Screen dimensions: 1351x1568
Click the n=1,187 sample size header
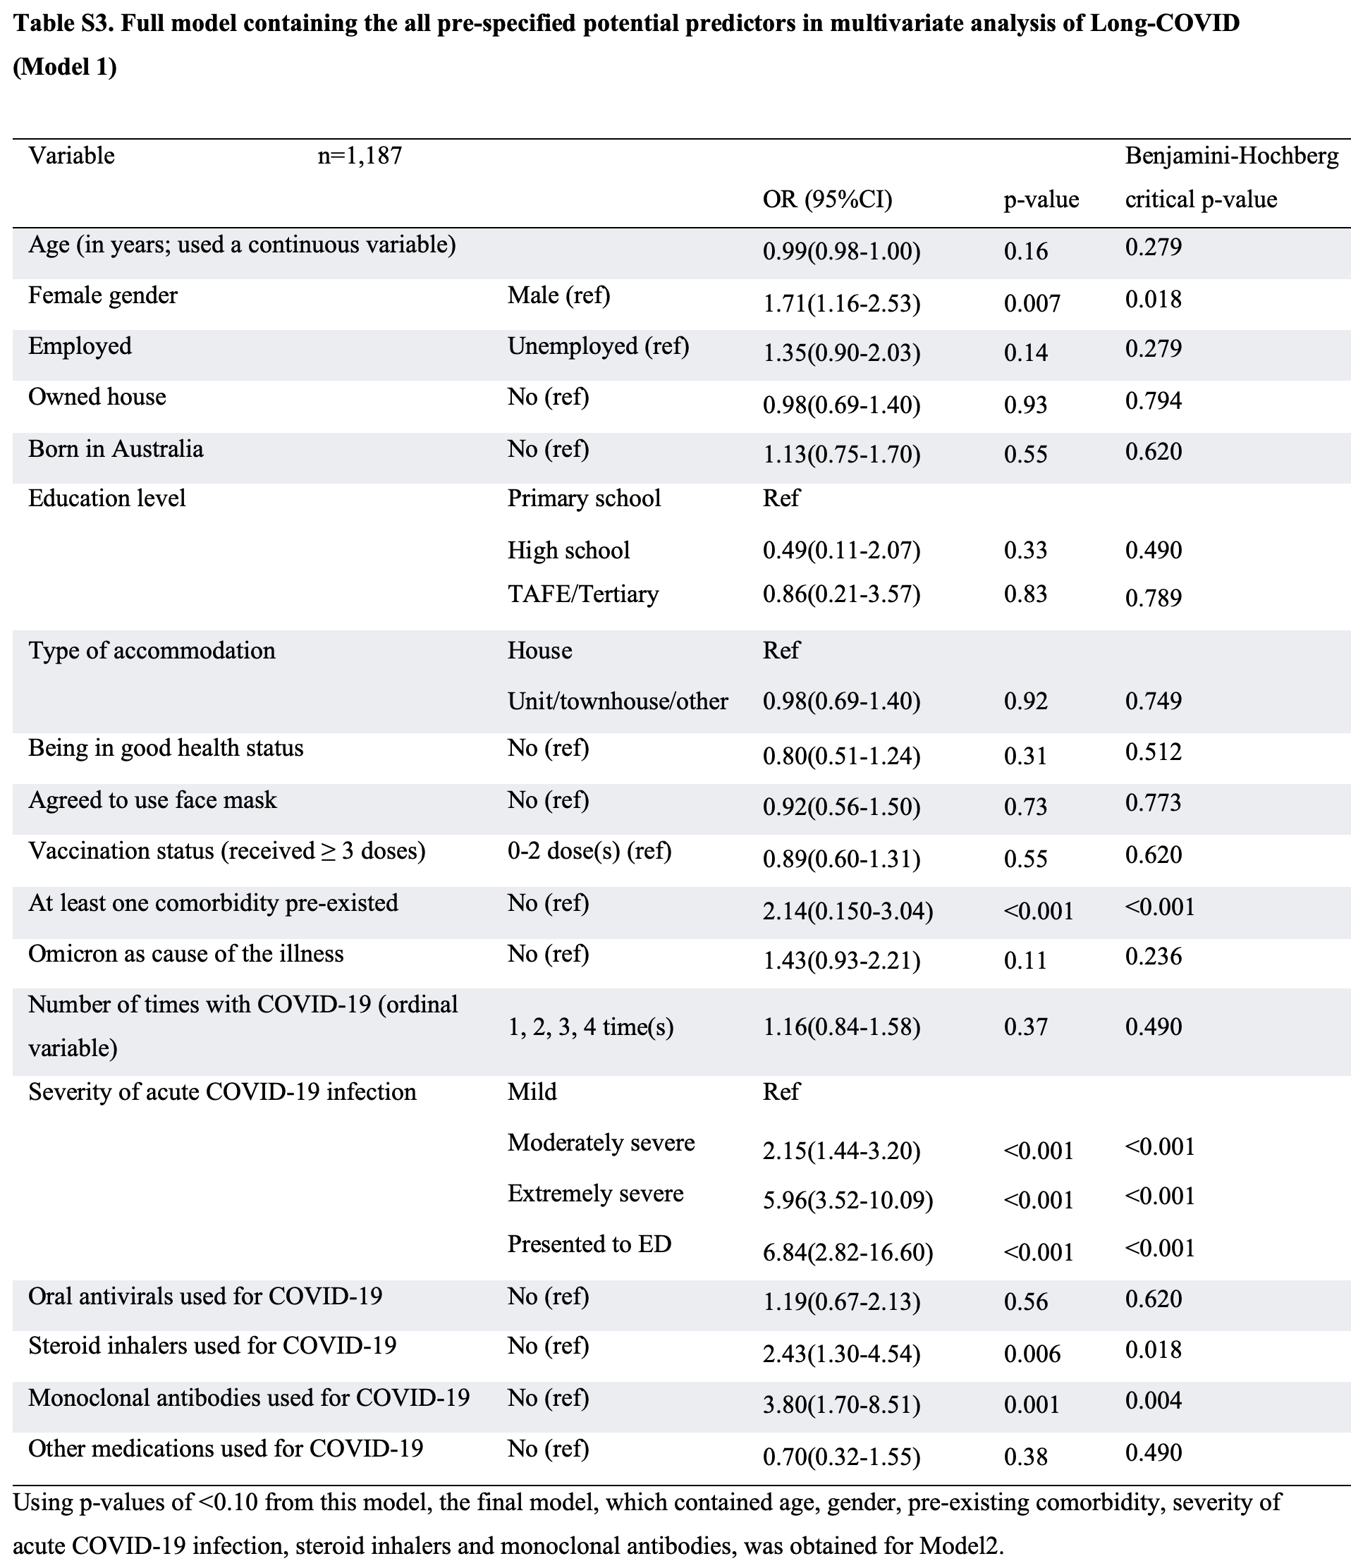(360, 156)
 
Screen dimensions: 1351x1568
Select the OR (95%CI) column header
(827, 199)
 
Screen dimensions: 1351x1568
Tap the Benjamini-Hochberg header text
(1231, 156)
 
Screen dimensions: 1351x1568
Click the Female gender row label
(103, 295)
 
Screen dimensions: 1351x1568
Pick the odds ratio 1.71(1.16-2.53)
(842, 303)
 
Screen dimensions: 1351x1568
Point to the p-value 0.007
(1032, 303)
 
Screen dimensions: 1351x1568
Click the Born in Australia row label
(116, 450)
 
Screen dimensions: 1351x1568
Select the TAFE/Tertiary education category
(583, 594)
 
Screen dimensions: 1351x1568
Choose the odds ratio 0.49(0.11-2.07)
(842, 550)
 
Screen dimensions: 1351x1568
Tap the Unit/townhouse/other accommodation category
(618, 702)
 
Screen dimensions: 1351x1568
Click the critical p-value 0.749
(1154, 701)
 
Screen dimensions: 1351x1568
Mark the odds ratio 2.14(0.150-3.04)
(848, 911)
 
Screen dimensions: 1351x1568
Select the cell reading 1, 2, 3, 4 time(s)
(590, 1027)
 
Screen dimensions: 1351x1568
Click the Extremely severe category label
(596, 1194)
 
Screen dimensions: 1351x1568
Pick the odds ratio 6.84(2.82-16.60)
(848, 1252)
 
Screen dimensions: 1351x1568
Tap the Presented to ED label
(589, 1244)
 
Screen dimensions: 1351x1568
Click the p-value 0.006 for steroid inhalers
(1032, 1354)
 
